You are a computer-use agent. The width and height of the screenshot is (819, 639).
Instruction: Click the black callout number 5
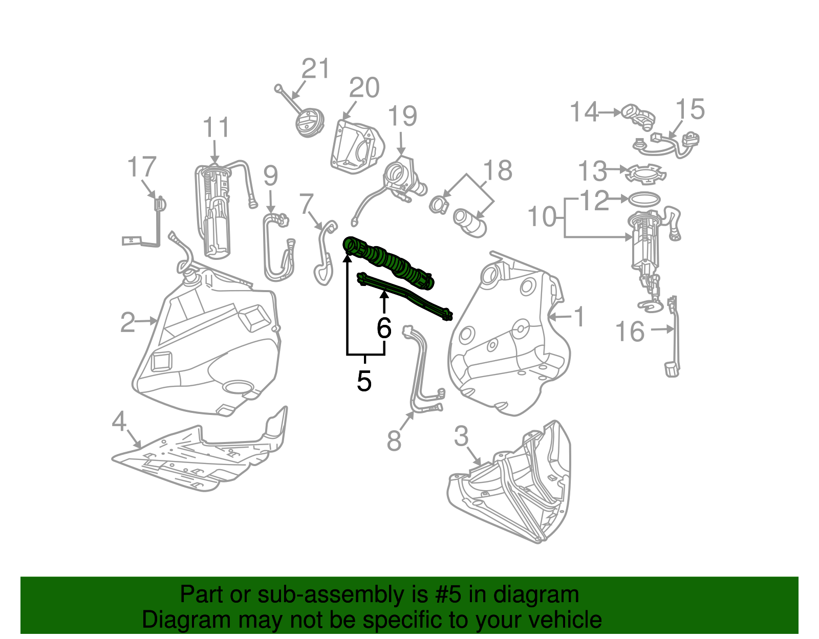pos(364,381)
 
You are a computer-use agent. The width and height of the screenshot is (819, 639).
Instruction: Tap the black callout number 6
pos(384,328)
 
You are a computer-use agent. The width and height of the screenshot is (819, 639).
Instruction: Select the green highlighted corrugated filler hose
pos(389,261)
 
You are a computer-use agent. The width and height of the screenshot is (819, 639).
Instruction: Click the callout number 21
pos(316,69)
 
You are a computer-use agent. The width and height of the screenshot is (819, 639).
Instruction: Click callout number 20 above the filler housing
pos(364,88)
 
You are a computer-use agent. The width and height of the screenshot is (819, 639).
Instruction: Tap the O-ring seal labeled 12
pos(643,199)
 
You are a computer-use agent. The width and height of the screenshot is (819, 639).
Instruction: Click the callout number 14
pos(584,112)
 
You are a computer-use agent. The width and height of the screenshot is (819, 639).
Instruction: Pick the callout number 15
pos(690,109)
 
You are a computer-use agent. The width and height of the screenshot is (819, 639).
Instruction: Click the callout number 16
pos(630,332)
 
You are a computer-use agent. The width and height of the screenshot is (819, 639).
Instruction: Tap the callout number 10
pos(542,217)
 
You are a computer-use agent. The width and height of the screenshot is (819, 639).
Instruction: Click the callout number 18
pos(498,171)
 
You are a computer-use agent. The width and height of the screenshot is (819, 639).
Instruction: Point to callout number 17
pos(141,167)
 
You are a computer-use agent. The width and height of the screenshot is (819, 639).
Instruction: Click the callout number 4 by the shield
pos(119,422)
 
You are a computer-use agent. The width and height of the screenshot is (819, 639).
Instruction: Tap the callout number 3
pos(461,436)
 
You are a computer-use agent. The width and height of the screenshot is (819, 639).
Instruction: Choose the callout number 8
pos(394,440)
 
